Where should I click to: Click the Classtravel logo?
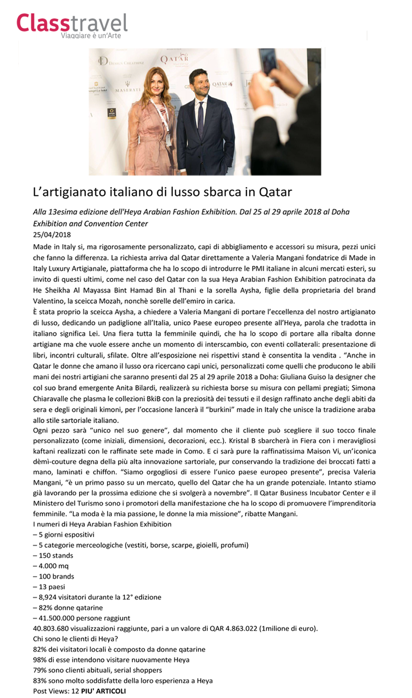coord(72,23)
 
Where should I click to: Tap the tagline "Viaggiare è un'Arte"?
coord(91,35)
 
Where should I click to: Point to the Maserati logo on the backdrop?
coord(127,87)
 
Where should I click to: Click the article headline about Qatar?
coord(162,192)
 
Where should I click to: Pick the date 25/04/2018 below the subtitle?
coord(52,235)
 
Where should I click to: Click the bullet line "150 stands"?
coord(53,556)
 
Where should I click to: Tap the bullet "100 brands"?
coord(54,576)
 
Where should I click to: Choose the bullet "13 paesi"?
coord(49,587)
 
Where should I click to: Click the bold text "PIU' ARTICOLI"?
coord(103,691)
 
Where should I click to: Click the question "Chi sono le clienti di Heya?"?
coord(75,639)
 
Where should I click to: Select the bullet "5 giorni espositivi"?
coord(64,535)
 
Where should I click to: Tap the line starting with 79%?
coord(97,670)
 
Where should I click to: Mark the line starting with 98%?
coord(111,660)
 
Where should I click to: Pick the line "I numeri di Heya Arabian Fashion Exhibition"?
coord(102,524)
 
